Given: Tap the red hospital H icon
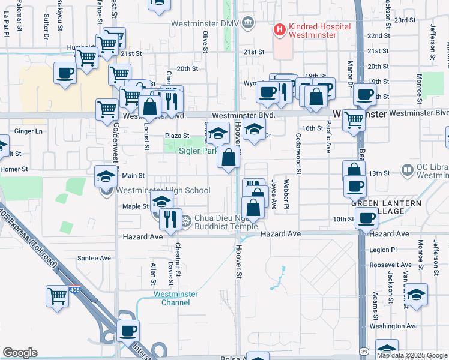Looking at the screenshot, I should tap(279, 29).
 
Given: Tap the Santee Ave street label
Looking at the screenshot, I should tap(94, 258).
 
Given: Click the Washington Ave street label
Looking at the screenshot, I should tap(394, 326).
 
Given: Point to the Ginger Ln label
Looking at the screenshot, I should tap(29, 131).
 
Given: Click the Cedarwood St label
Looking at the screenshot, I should tap(298, 151).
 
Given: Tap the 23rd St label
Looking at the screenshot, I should tap(409, 20).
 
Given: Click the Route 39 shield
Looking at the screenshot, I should tap(365, 350).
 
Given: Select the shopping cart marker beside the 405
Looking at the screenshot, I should tap(56, 295).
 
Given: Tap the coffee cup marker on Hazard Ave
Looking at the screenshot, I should tap(365, 219).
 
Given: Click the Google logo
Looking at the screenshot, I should tap(20, 353).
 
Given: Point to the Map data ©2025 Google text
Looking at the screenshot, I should tap(412, 355).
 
